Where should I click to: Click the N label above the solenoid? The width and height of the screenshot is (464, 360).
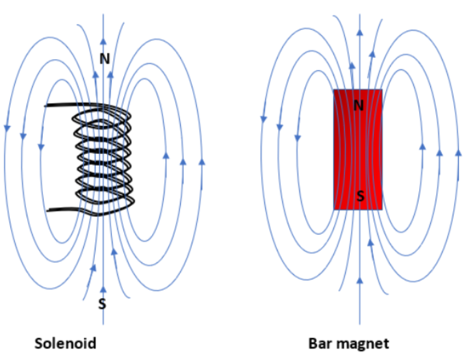click(x=105, y=58)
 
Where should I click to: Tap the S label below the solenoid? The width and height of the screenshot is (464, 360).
click(x=102, y=303)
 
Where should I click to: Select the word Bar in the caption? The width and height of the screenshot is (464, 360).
click(x=323, y=342)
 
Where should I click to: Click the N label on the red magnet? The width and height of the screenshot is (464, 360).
click(x=358, y=105)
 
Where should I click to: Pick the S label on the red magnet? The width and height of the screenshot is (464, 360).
click(x=358, y=194)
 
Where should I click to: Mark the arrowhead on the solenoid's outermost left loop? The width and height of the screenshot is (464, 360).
click(x=7, y=127)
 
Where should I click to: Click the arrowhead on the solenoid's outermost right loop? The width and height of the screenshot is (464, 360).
click(x=201, y=160)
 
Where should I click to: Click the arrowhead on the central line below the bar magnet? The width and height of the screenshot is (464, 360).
click(x=360, y=281)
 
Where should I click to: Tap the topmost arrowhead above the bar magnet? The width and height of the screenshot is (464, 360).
click(x=359, y=31)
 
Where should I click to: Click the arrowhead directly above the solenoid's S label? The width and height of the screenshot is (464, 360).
click(x=103, y=289)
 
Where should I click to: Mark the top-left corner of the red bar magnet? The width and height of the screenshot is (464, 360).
click(x=334, y=90)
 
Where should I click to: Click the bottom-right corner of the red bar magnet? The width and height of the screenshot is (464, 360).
click(x=382, y=209)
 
